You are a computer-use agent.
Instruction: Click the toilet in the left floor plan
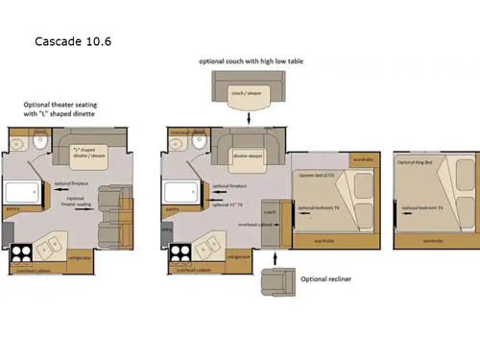[37, 144]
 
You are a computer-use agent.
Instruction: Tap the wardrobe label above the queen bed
[362, 158]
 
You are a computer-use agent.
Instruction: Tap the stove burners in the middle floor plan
[180, 255]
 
